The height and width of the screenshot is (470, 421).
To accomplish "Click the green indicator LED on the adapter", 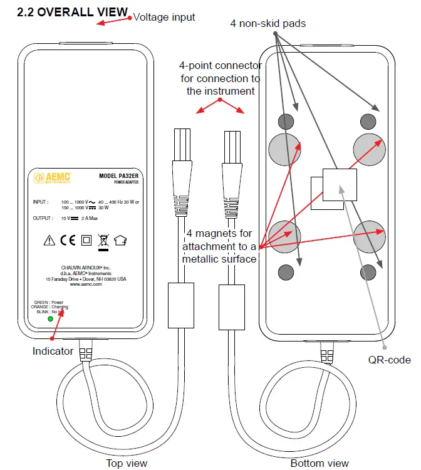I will pos(50,318).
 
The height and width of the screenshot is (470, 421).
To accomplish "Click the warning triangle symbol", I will pos(49,239).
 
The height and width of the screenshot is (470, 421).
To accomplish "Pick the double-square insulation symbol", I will pos(86,239).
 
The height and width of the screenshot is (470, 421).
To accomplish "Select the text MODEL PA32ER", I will pos(118,176).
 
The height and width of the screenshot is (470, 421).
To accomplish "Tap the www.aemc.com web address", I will pos(86,284).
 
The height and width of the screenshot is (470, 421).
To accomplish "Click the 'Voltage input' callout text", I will pos(165,17).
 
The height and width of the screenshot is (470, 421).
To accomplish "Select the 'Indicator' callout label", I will pos(53,352).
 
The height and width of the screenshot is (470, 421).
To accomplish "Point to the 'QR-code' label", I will pos(390,360).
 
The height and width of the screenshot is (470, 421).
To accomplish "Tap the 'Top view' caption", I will pos(127,463).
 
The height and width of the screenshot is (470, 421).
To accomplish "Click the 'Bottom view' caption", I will pos(320,463).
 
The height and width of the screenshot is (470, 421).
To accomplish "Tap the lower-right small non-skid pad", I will pos(368,271).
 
